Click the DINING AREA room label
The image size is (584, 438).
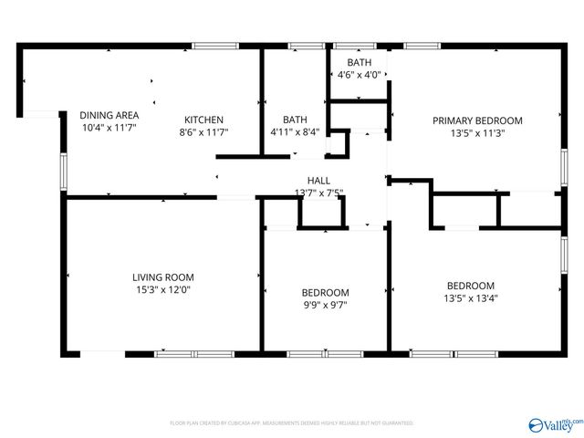[x=109, y=115]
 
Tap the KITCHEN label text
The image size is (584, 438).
[x=203, y=120]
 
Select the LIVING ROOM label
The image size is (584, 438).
[x=162, y=277]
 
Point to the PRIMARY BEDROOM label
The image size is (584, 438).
[x=477, y=120]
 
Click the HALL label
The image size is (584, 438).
[x=318, y=181]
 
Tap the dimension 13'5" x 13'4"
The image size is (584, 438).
[x=470, y=297]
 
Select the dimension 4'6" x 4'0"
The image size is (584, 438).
[x=359, y=75]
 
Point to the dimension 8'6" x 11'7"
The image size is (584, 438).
[x=203, y=132]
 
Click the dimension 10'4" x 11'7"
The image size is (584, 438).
[x=109, y=128]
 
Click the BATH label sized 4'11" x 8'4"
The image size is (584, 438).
[x=295, y=120]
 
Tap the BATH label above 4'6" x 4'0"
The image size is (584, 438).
[x=360, y=63]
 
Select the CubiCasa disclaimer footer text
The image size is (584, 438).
[x=292, y=423]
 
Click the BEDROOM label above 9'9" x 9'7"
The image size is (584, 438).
[x=325, y=292]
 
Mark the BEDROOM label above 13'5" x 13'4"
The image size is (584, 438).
[x=470, y=285]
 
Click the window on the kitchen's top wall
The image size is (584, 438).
[x=209, y=46]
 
